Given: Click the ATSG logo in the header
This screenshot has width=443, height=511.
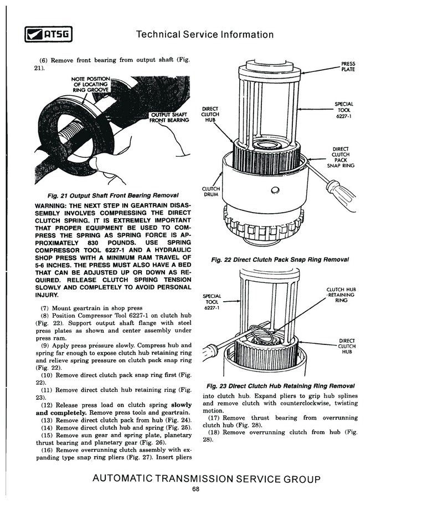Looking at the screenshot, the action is (x=49, y=34).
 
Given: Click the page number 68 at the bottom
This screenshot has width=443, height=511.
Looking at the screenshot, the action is (x=195, y=489).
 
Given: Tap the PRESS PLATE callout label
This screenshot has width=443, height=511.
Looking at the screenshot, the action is (x=348, y=66).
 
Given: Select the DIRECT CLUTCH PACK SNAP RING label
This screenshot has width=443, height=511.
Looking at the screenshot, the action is (x=341, y=157).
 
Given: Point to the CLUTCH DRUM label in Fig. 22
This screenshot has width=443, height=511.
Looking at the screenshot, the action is (x=210, y=192).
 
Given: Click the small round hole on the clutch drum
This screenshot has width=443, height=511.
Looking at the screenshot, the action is (x=275, y=190).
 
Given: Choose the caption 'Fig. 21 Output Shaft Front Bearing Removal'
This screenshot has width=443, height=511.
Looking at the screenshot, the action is (x=113, y=195).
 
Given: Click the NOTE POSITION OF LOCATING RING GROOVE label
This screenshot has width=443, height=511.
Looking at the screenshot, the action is (x=91, y=84).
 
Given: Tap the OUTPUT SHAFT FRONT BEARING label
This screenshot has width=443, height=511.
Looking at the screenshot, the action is (x=169, y=117).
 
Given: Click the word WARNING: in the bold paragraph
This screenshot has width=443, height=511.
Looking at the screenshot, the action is (x=50, y=205).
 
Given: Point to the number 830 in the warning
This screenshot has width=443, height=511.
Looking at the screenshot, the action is (x=93, y=243).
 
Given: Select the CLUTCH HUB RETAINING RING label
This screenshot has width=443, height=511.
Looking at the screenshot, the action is (x=341, y=295).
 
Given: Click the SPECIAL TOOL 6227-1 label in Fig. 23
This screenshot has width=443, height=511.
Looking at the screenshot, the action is (x=212, y=302).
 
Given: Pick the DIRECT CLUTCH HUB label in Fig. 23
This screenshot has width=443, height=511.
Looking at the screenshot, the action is (x=347, y=346).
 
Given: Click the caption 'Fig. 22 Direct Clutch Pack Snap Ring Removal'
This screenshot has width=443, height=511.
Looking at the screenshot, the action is (x=280, y=260).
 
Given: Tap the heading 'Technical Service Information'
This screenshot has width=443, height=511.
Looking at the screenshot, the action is (x=205, y=34).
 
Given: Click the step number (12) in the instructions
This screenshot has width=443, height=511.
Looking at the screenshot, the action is (x=47, y=405).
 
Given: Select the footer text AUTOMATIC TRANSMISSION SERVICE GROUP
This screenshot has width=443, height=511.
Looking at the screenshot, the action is (x=207, y=479).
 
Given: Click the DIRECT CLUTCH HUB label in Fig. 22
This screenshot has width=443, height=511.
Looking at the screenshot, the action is (x=210, y=115).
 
